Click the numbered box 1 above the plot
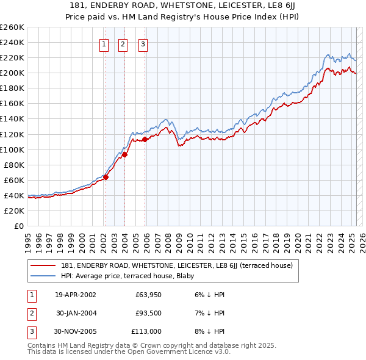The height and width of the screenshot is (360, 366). (x=103, y=44)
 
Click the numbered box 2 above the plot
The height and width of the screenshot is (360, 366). (x=123, y=44)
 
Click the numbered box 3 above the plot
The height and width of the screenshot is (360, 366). (x=143, y=44)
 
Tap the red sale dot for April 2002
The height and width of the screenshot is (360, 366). (x=106, y=177)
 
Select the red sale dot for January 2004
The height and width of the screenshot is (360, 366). (x=124, y=154)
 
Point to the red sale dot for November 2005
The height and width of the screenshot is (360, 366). (x=145, y=140)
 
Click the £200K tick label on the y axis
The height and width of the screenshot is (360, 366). (x=12, y=73)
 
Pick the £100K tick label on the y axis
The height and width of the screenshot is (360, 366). (x=12, y=149)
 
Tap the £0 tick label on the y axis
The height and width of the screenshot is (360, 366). (x=18, y=226)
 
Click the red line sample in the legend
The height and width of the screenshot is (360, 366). (x=43, y=265)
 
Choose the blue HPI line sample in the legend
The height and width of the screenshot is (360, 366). (x=43, y=275)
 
